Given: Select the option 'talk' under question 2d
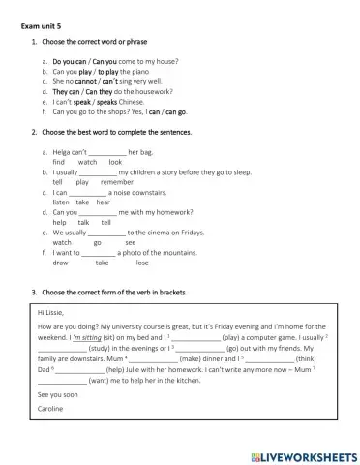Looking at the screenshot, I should (84, 222).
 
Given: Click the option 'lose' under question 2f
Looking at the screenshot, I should (142, 263).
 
